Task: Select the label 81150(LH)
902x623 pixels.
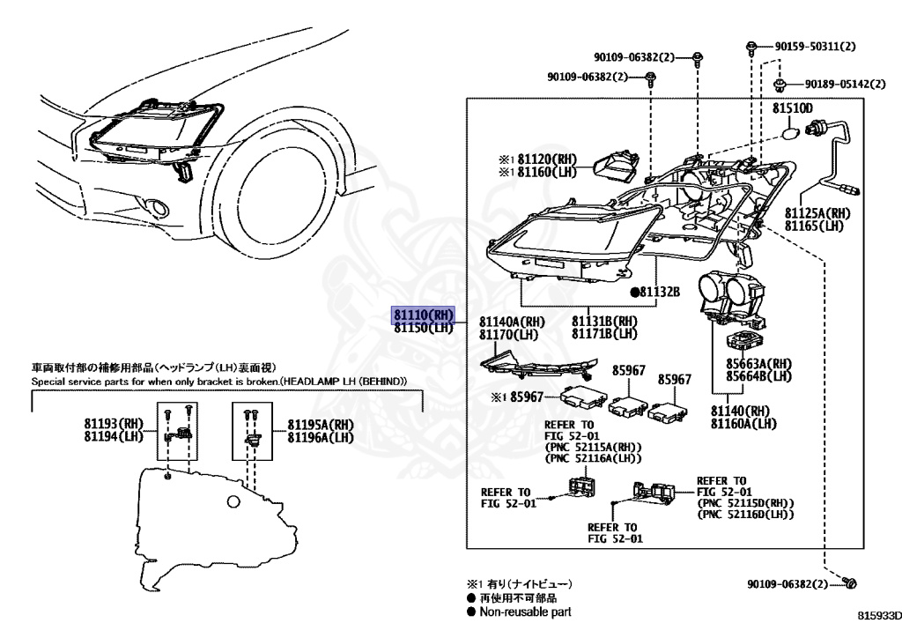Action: point(423,328)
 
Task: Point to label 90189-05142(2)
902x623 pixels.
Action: point(844,84)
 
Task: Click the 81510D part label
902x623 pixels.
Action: point(793,108)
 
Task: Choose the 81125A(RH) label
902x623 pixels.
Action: point(818,213)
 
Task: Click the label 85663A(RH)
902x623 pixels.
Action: point(759,363)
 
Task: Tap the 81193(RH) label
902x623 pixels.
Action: point(114,424)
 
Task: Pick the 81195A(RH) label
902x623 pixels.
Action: point(321,424)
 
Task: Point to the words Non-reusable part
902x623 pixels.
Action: point(525,611)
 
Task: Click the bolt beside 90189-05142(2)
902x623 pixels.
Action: point(780,85)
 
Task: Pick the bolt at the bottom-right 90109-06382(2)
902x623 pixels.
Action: point(850,582)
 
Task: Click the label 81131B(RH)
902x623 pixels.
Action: point(604,322)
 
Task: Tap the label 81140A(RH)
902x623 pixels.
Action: point(512,322)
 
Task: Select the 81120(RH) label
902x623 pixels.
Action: point(545,159)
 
